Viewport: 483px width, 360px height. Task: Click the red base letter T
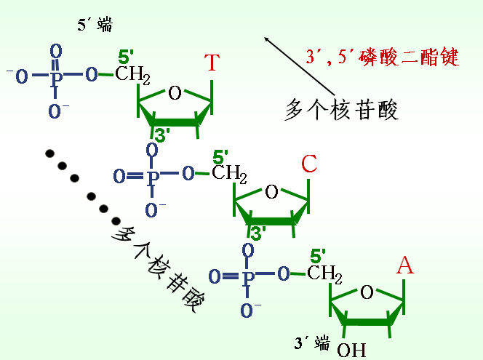click(x=211, y=63)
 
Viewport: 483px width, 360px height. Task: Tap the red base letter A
click(x=405, y=266)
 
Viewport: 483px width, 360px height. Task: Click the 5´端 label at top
click(x=95, y=26)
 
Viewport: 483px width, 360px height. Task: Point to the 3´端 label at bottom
click(x=311, y=343)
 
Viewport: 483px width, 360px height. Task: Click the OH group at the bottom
click(x=351, y=349)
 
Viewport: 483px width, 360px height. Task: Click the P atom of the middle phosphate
click(x=152, y=175)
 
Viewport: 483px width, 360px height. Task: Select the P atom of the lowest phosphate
click(x=249, y=276)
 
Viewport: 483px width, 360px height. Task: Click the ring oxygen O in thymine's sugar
click(x=175, y=92)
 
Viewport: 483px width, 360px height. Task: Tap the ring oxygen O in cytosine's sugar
click(x=272, y=193)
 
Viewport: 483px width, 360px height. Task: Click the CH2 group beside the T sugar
click(x=132, y=75)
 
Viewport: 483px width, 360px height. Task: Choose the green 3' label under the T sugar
click(x=162, y=135)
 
